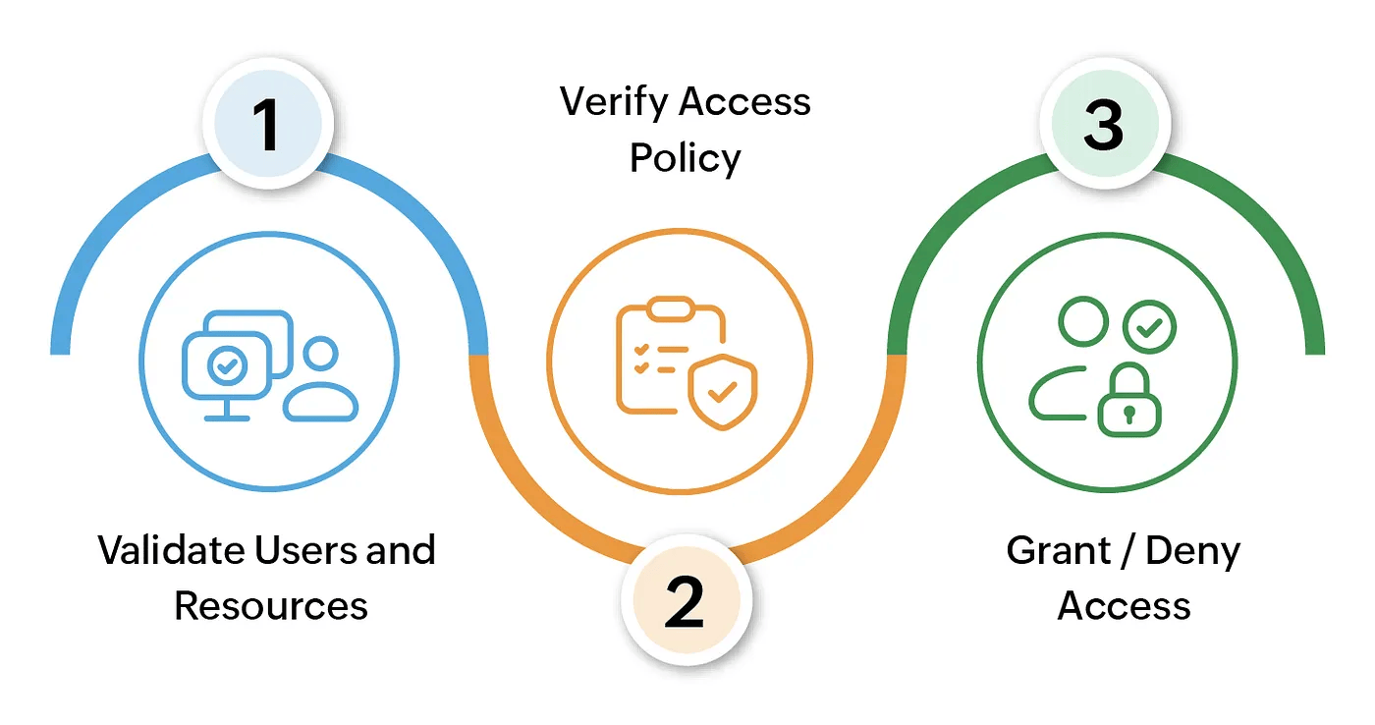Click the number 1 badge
click(x=267, y=125)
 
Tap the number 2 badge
click(x=686, y=600)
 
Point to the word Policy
click(x=686, y=159)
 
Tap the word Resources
click(x=271, y=605)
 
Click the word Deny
click(x=1193, y=551)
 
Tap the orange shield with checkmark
click(x=723, y=392)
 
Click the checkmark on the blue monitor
click(x=226, y=366)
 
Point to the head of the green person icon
click(x=1082, y=321)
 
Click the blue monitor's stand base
click(x=226, y=417)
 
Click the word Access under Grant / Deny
click(x=1125, y=605)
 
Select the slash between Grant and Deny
click(x=1123, y=551)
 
